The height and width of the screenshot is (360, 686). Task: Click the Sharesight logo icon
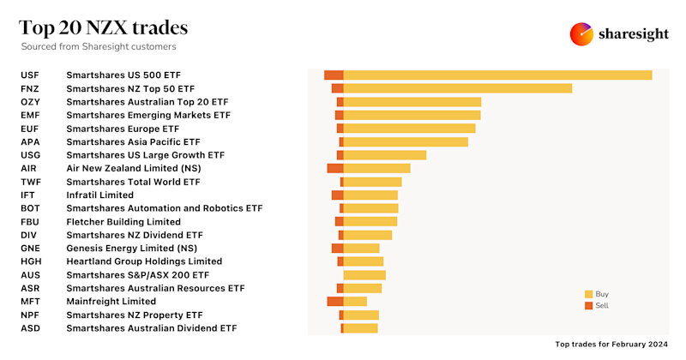click(582, 34)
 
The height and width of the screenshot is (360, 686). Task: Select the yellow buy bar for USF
click(497, 75)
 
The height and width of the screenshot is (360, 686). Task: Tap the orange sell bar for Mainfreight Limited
click(334, 301)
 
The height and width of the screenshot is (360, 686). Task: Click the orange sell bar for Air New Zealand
click(334, 168)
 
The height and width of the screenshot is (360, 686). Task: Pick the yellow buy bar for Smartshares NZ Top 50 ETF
click(457, 88)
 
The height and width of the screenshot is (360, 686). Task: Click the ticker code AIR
click(28, 168)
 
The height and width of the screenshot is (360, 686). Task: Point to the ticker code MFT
click(29, 301)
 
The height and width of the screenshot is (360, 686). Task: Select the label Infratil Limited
click(100, 195)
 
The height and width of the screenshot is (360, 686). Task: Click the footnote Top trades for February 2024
click(612, 344)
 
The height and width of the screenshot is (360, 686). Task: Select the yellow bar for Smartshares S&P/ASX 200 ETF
click(364, 274)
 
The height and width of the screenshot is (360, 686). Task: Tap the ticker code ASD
click(29, 327)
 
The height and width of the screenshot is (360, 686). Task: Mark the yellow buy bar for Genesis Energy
click(361, 248)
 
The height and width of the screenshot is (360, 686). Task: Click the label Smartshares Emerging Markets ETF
click(148, 115)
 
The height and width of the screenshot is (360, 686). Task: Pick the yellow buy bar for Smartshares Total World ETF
click(372, 182)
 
